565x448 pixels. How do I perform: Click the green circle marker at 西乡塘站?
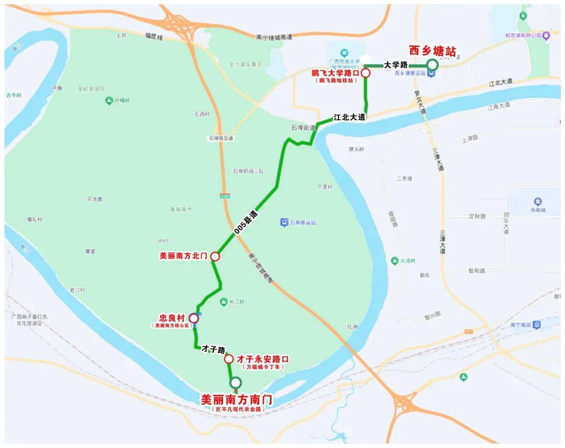[432, 65]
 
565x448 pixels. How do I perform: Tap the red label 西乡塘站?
[433, 51]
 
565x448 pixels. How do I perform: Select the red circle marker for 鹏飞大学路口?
[366, 73]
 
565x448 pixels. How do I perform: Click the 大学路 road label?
[395, 65]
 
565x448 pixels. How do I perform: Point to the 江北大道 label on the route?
[349, 117]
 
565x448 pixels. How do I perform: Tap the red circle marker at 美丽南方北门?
[214, 256]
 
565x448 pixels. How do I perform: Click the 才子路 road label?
[213, 349]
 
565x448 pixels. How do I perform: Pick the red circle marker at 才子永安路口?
[229, 359]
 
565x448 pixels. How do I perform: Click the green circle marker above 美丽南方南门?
[236, 383]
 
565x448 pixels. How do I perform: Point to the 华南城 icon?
[538, 201]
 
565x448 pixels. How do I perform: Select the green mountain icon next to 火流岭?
[395, 261]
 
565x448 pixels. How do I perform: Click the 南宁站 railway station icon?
[536, 324]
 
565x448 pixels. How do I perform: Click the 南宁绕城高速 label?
[274, 37]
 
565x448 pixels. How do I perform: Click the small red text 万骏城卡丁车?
[263, 367]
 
